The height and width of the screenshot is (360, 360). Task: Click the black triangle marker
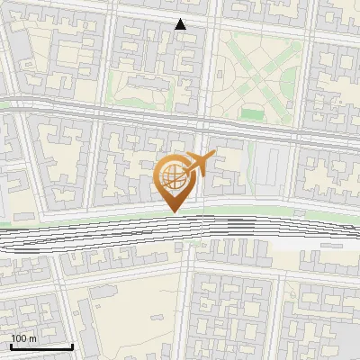[x=181, y=24]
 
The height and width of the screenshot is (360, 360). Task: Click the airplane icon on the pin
[x=199, y=164]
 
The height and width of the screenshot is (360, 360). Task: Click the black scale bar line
[x=41, y=347]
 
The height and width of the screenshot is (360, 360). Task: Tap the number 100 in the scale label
[x=20, y=338]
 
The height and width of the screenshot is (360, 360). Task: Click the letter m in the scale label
[x=32, y=338]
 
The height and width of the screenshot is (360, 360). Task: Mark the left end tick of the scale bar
[x=10, y=346]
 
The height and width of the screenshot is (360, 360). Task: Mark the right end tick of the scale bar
[x=72, y=346]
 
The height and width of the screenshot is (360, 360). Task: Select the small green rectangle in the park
[x=253, y=114]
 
